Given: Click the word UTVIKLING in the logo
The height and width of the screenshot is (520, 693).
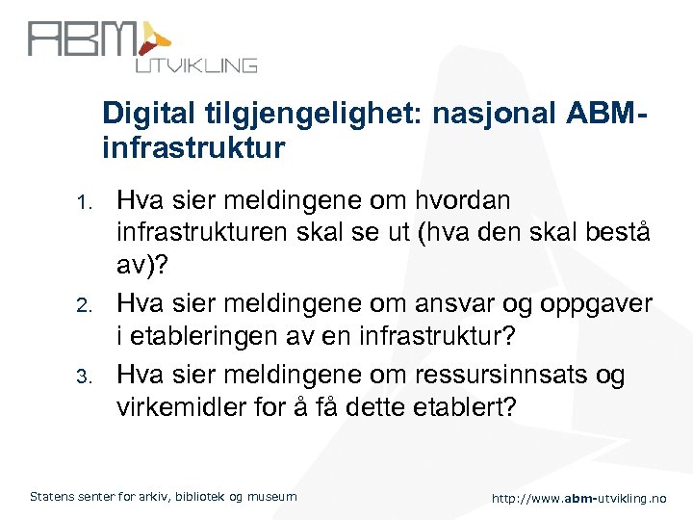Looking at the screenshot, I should tap(194, 65).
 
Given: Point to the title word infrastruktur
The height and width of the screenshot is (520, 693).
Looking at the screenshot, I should tap(193, 148).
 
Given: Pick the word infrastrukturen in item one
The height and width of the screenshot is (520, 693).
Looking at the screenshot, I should tap(207, 235).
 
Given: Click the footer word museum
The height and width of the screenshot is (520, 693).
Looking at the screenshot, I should tap(272, 497).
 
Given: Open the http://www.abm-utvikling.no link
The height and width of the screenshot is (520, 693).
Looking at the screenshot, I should tap(577, 498).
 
